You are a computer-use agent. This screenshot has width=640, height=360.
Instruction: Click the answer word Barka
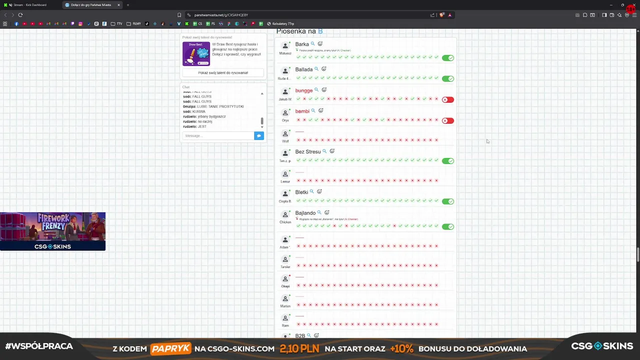[x=302, y=44]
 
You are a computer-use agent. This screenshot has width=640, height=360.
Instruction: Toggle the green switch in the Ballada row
[x=447, y=78]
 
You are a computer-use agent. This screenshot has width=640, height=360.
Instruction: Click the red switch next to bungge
[x=447, y=99]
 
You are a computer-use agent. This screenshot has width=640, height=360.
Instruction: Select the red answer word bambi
[x=302, y=111]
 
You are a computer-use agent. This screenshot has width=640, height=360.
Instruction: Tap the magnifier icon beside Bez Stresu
[x=324, y=151]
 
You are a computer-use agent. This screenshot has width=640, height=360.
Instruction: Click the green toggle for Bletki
[x=447, y=201]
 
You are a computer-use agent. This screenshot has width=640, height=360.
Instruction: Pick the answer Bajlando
[x=305, y=213]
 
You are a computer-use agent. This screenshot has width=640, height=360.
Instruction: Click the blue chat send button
[x=258, y=136]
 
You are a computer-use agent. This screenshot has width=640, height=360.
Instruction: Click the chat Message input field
[x=218, y=136]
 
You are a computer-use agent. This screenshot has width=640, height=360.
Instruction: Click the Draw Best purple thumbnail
[x=196, y=54]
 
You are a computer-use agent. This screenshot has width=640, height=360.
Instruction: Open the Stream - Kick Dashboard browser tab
[x=30, y=5]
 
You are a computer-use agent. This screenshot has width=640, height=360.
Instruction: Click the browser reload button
[x=20, y=15]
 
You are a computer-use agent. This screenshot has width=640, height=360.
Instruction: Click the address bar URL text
[x=221, y=15]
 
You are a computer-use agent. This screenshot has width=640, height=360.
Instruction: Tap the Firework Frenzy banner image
[x=52, y=231]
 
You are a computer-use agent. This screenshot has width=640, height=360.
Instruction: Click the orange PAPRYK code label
[x=171, y=348]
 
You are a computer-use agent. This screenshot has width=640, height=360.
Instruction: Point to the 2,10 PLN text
[x=299, y=348]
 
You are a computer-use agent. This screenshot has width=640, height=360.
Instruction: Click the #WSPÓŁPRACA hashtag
[x=39, y=346]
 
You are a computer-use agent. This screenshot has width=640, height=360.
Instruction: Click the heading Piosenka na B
[x=299, y=31]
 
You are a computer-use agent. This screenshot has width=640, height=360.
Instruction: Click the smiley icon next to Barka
[x=320, y=44]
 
